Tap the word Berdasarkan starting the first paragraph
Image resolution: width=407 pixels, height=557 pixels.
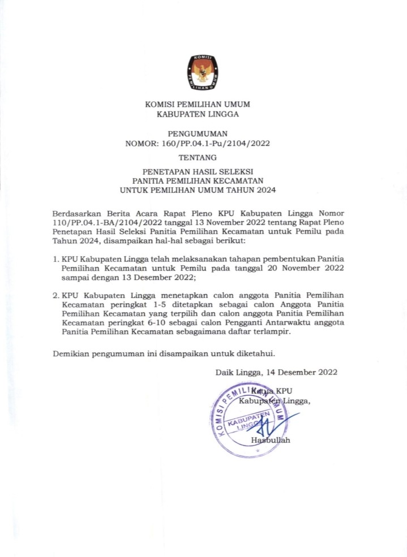point(74,213)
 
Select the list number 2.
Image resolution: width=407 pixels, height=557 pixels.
point(55,295)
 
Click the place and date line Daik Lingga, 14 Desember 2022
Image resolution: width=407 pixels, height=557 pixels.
point(276,372)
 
